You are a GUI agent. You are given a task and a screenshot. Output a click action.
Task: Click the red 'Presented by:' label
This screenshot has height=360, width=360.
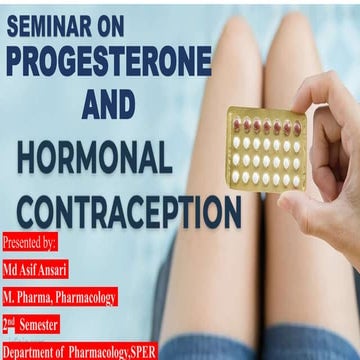click(30, 243)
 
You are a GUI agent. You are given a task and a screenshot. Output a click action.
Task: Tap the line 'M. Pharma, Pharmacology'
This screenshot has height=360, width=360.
click(60, 297)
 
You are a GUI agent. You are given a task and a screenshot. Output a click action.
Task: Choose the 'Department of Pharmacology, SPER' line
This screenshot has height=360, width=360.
click(79, 351)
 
